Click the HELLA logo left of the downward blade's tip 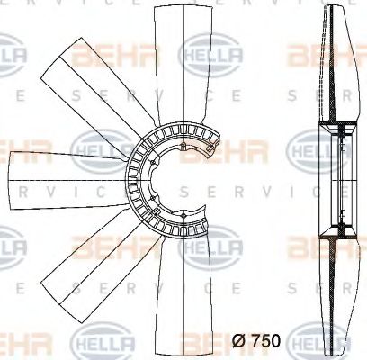point(103,343)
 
